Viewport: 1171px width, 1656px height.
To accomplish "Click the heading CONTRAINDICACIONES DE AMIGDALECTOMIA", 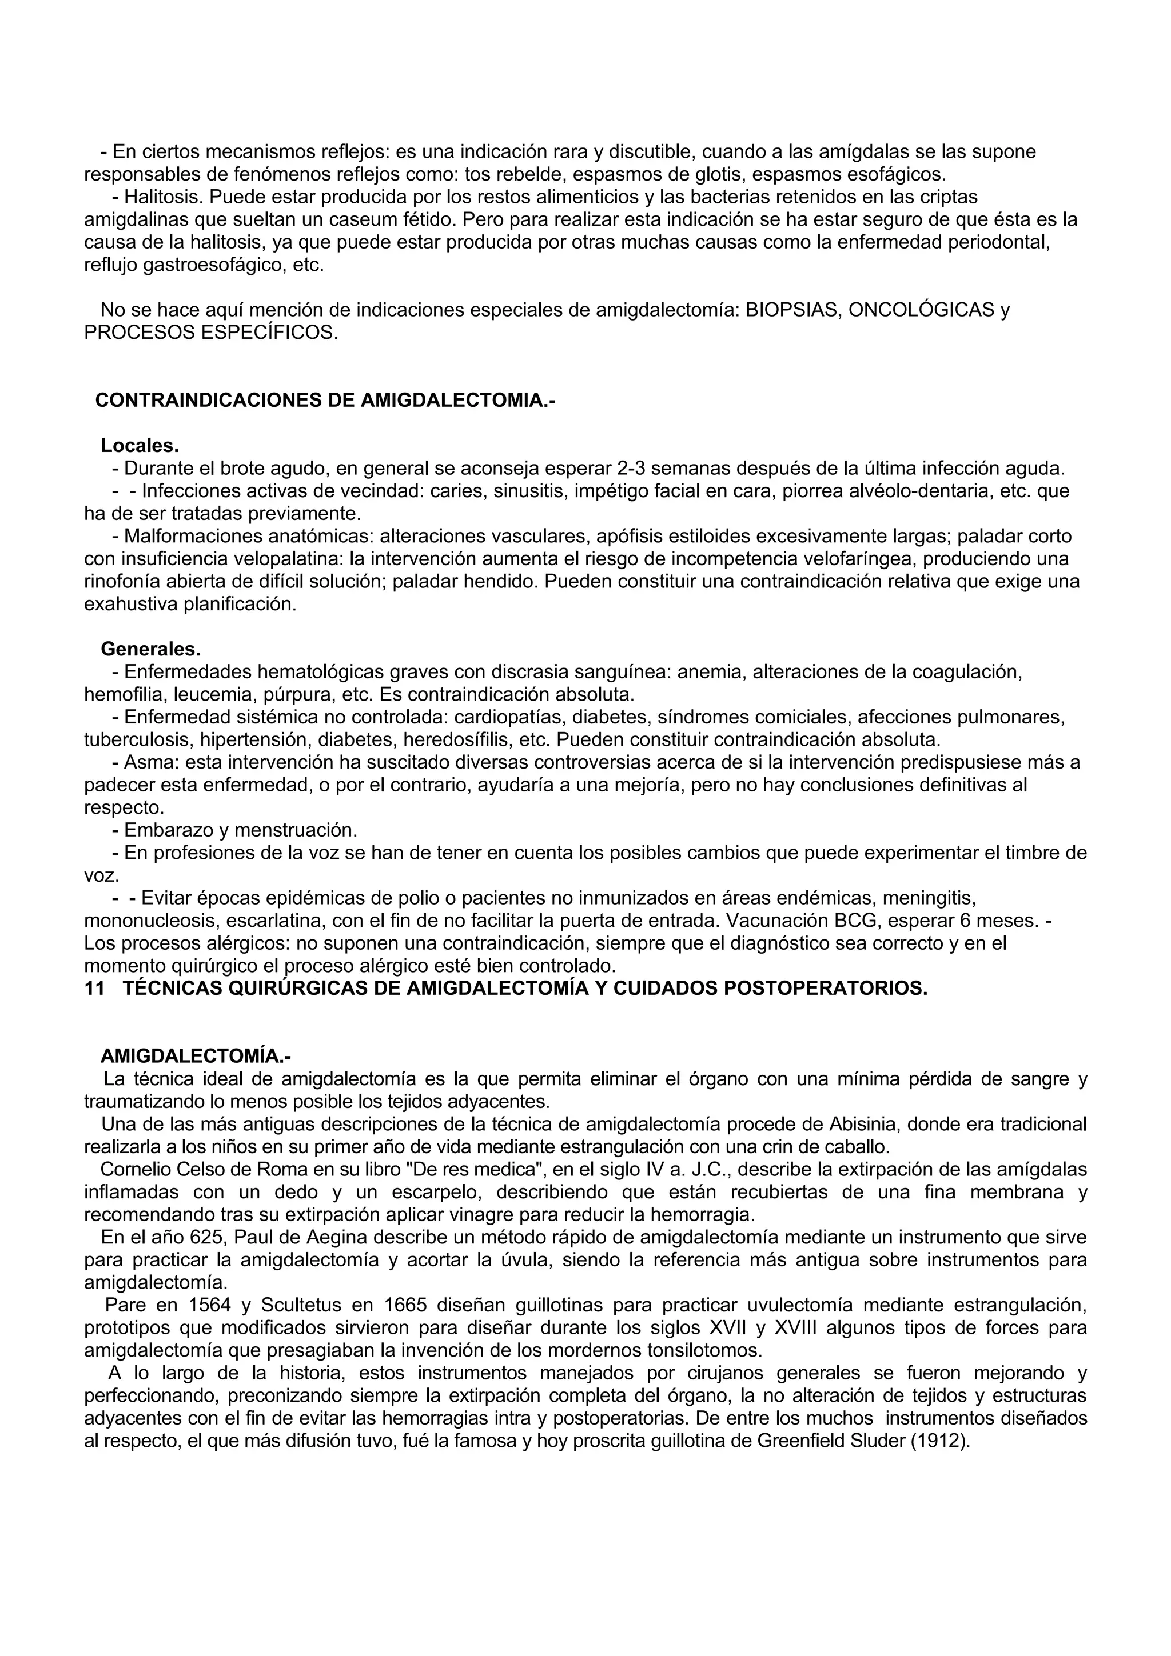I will (x=325, y=401).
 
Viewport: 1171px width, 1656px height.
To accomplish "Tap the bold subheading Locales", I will (x=140, y=446).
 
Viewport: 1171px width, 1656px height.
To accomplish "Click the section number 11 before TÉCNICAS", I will (x=94, y=988).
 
